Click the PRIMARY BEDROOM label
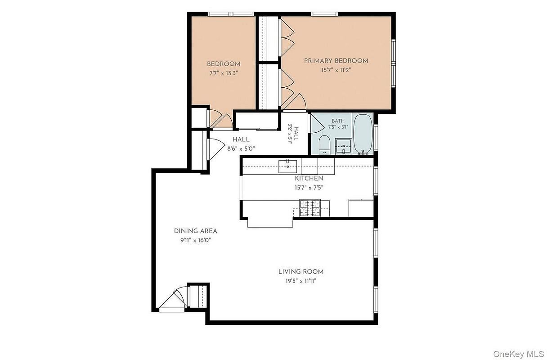(x=336, y=61)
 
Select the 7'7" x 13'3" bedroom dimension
(x=224, y=73)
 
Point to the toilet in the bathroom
(x=324, y=144)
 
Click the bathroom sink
(x=343, y=147)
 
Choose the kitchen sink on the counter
(x=287, y=166)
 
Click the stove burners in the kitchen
(x=310, y=208)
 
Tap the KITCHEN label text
(x=309, y=179)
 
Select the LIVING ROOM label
(x=301, y=272)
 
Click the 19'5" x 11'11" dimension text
(x=301, y=281)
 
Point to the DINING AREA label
(x=195, y=231)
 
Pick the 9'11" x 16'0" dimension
(x=195, y=241)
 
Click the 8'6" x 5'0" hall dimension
(x=241, y=149)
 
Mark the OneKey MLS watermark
(x=520, y=354)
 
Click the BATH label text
(x=338, y=121)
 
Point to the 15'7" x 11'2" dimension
(x=336, y=70)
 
